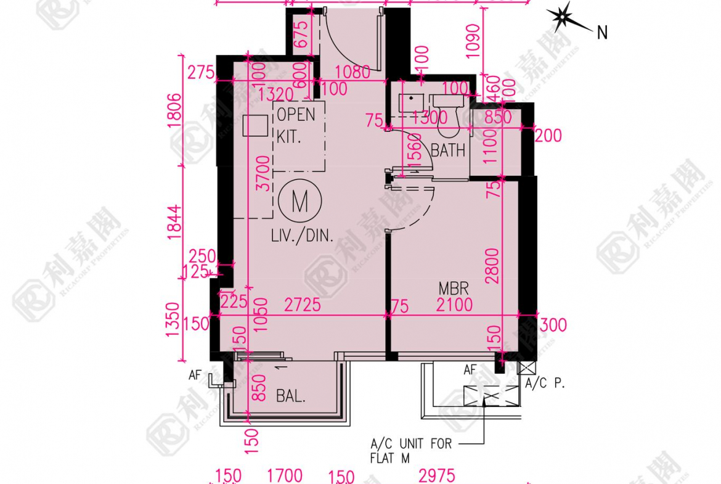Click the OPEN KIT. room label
click(x=296, y=125)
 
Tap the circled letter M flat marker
click(x=300, y=202)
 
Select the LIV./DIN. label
click(x=302, y=236)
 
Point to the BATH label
click(x=448, y=150)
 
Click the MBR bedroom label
click(x=454, y=288)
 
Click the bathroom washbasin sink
click(x=410, y=103)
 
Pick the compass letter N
click(x=602, y=33)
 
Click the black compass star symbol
click(x=563, y=18)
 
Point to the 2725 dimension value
click(x=303, y=305)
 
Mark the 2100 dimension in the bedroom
click(x=454, y=305)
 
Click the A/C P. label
click(x=545, y=383)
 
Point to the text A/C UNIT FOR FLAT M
click(x=410, y=451)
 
